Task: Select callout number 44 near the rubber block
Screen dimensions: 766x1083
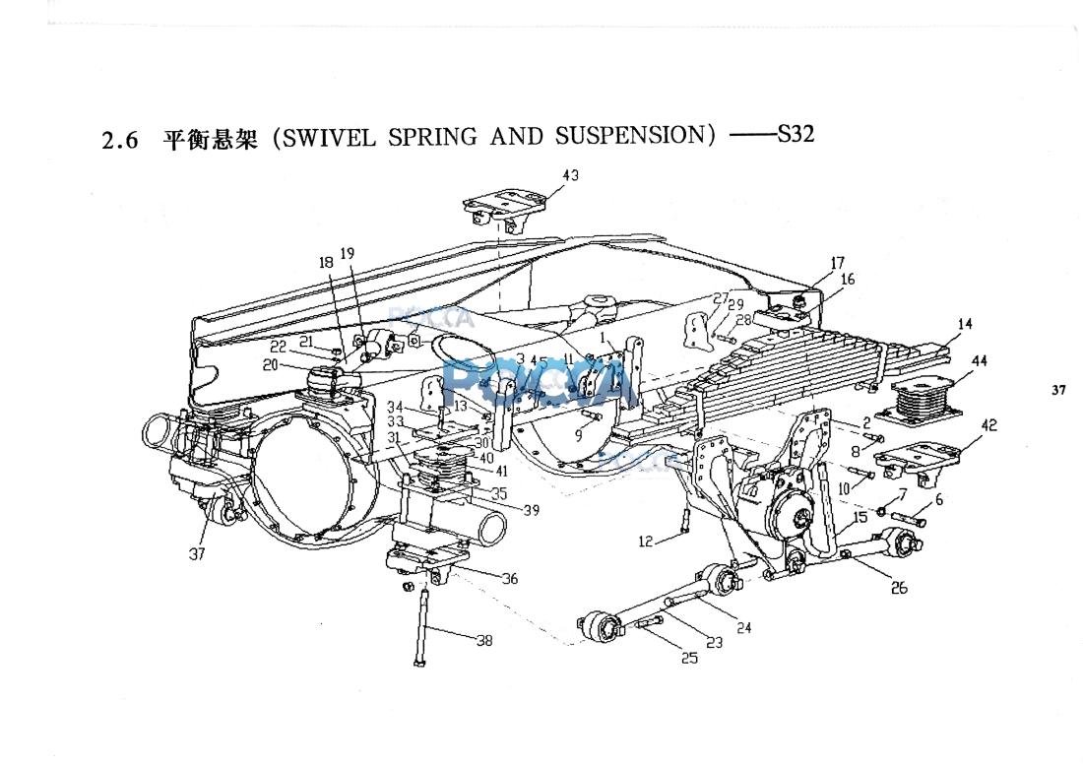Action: [979, 361]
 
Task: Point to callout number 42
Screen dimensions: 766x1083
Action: [988, 425]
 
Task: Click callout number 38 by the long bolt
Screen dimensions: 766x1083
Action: [483, 641]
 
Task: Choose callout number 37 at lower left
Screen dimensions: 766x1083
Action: [197, 554]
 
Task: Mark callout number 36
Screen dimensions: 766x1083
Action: [509, 579]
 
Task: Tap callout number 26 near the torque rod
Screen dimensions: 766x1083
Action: [898, 589]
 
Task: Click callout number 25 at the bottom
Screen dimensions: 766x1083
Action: [689, 658]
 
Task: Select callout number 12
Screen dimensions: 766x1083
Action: [646, 542]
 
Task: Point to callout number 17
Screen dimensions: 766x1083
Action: [838, 263]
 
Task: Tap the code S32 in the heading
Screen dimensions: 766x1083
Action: [796, 134]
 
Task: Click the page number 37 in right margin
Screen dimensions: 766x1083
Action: [1058, 390]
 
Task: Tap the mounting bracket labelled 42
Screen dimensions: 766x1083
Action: [918, 462]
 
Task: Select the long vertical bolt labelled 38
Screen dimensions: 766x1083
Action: [421, 624]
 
